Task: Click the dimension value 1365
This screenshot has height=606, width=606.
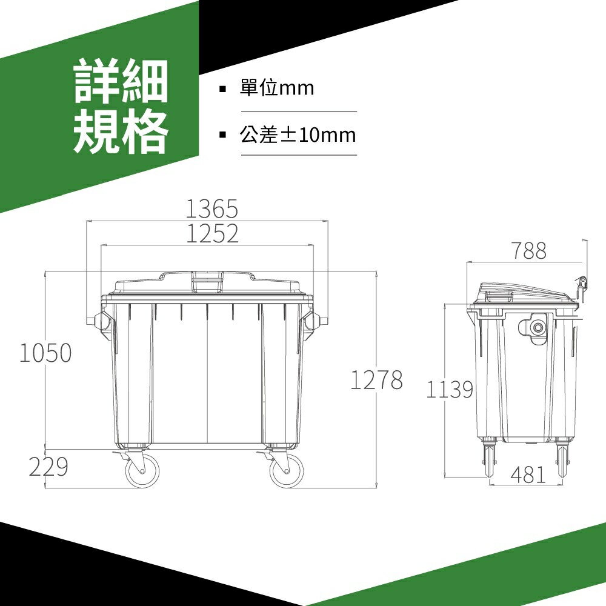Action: tap(211, 209)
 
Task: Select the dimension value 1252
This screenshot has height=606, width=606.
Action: tap(211, 234)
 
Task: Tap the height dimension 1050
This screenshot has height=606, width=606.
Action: tap(45, 353)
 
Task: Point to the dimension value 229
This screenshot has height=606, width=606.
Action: tap(49, 467)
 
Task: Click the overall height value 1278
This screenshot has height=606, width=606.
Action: tap(376, 381)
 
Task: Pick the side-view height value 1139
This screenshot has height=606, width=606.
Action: tap(449, 390)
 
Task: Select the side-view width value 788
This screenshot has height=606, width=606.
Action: tap(528, 251)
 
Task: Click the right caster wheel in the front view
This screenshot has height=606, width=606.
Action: tap(286, 470)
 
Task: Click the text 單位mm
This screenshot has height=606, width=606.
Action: tap(277, 88)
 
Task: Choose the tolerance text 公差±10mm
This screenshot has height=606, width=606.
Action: tap(298, 135)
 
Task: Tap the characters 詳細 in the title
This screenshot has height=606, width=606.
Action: tap(121, 81)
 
